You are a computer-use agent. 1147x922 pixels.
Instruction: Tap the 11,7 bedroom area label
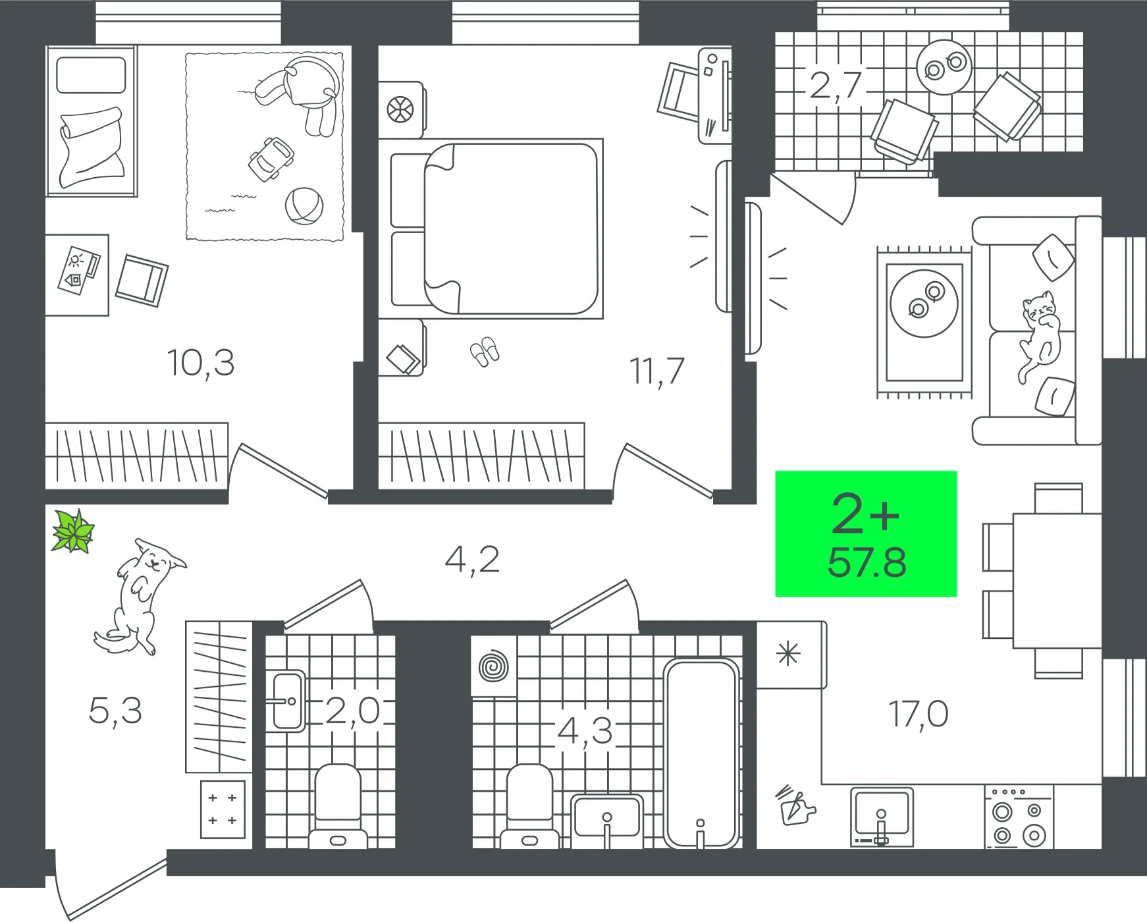click(x=657, y=371)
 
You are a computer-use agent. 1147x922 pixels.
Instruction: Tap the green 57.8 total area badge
click(x=866, y=533)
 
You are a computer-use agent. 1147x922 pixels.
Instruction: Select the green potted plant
click(x=73, y=531)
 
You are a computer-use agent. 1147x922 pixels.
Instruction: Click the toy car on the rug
click(x=271, y=159)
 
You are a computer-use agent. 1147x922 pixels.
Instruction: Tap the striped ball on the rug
click(x=304, y=205)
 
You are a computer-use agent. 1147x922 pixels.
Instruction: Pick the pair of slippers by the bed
click(x=485, y=352)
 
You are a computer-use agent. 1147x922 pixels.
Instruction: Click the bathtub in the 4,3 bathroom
click(x=701, y=753)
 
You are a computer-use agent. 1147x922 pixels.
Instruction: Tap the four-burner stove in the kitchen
click(x=1019, y=817)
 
